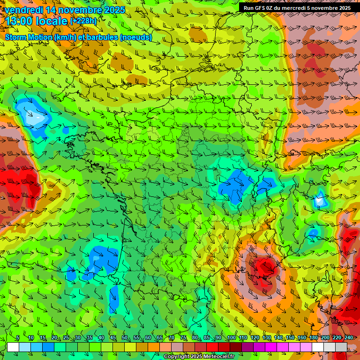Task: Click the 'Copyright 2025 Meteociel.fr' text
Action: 199,357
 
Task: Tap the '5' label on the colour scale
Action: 18,338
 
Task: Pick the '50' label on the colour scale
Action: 124,338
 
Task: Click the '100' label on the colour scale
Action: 231,338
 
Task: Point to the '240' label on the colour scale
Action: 349,338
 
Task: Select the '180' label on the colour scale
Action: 313,338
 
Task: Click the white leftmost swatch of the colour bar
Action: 13,347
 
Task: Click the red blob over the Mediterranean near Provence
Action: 264,270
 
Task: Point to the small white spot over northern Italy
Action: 321,201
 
